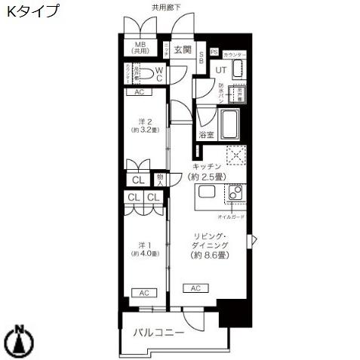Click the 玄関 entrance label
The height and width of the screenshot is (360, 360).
(x=182, y=51)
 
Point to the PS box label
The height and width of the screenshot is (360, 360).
(x=214, y=52)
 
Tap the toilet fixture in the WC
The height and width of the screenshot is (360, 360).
(x=156, y=74)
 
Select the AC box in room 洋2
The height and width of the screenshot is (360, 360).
(x=140, y=92)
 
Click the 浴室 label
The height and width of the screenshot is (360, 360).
(x=205, y=135)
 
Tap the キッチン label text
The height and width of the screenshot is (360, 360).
(x=205, y=165)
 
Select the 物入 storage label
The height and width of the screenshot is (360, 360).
(x=160, y=180)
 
